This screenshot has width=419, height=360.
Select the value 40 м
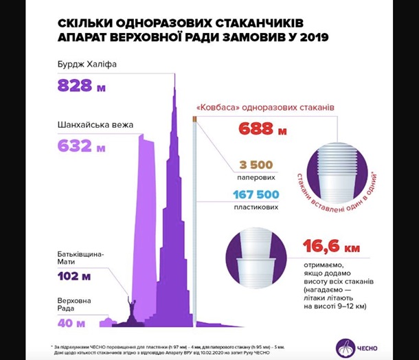coord(71,322)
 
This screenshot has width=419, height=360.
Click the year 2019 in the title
coord(310,37)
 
